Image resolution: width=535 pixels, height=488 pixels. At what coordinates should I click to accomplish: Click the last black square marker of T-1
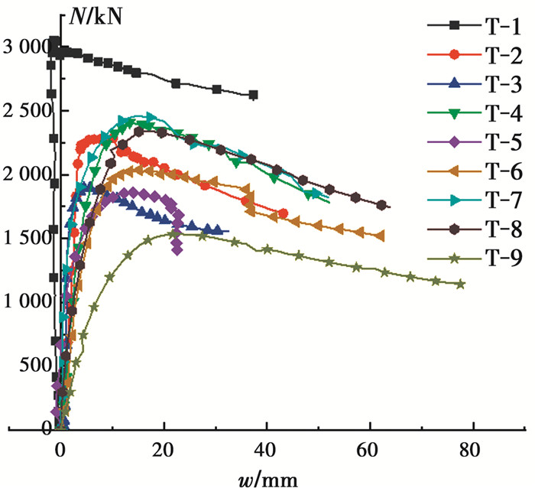[253, 95]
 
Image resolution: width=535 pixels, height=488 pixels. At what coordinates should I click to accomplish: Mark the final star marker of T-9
[460, 285]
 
